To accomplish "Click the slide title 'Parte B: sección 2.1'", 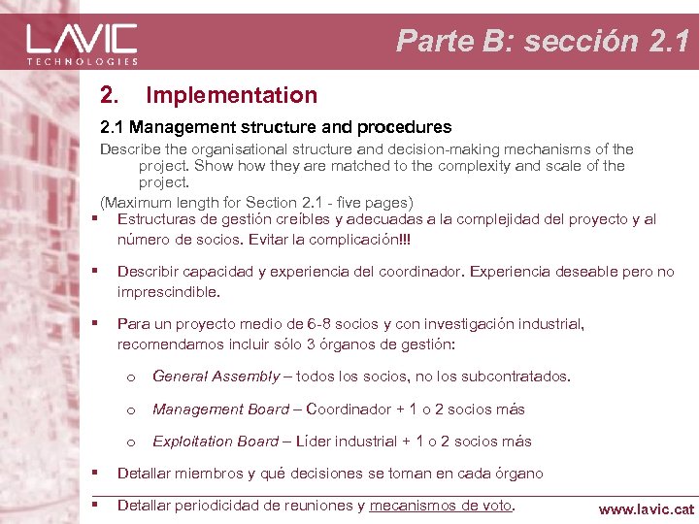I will pyautogui.click(x=543, y=41).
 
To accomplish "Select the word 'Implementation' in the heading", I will pyautogui.click(x=231, y=95).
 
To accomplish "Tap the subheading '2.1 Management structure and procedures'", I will pyautogui.click(x=276, y=126).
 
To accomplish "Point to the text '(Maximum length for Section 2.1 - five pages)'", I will pyautogui.click(x=257, y=202).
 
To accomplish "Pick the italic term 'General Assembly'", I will pyautogui.click(x=216, y=377).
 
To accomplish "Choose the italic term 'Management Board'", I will pyautogui.click(x=220, y=409).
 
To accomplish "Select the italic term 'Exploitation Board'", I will pyautogui.click(x=216, y=442).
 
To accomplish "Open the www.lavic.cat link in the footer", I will pyautogui.click(x=646, y=508).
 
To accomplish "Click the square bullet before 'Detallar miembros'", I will pyautogui.click(x=95, y=473).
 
